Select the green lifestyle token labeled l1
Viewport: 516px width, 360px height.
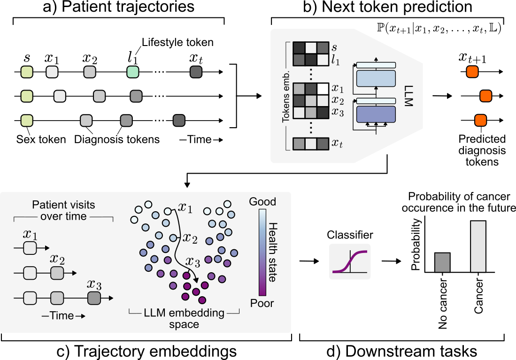[x=133, y=72]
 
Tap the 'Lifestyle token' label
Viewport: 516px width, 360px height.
[x=177, y=43]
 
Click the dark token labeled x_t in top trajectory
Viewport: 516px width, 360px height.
[x=196, y=72]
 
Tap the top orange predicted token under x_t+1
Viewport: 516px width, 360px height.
[x=472, y=72]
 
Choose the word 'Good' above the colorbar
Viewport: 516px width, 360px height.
[x=263, y=202]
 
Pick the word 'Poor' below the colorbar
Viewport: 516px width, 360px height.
[x=262, y=303]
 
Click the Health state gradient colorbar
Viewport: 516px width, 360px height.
[x=262, y=252]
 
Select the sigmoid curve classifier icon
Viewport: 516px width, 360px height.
[x=349, y=261]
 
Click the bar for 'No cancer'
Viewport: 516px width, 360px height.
[x=443, y=262]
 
